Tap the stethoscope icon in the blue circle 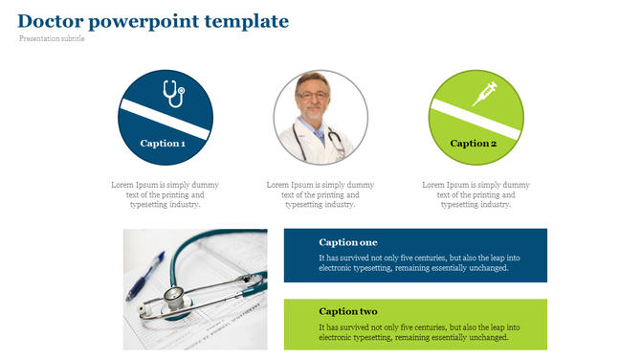point(172,94)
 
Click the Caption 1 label point(163,144)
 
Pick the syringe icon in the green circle point(485,94)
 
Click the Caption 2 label point(474,144)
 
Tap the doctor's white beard point(312,111)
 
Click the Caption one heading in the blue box point(348,242)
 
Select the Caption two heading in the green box point(348,312)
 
